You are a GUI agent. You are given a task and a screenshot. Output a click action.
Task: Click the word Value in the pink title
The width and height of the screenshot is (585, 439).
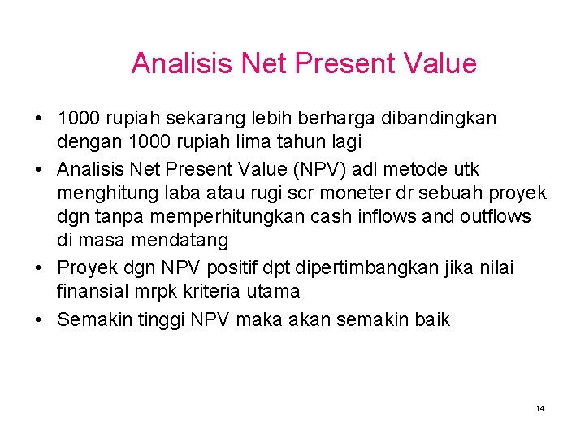pos(437,63)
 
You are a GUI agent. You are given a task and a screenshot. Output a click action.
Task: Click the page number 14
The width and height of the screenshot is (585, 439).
pos(540,408)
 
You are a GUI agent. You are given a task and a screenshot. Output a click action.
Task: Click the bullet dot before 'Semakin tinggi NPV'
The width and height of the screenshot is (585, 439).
pos(40,319)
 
